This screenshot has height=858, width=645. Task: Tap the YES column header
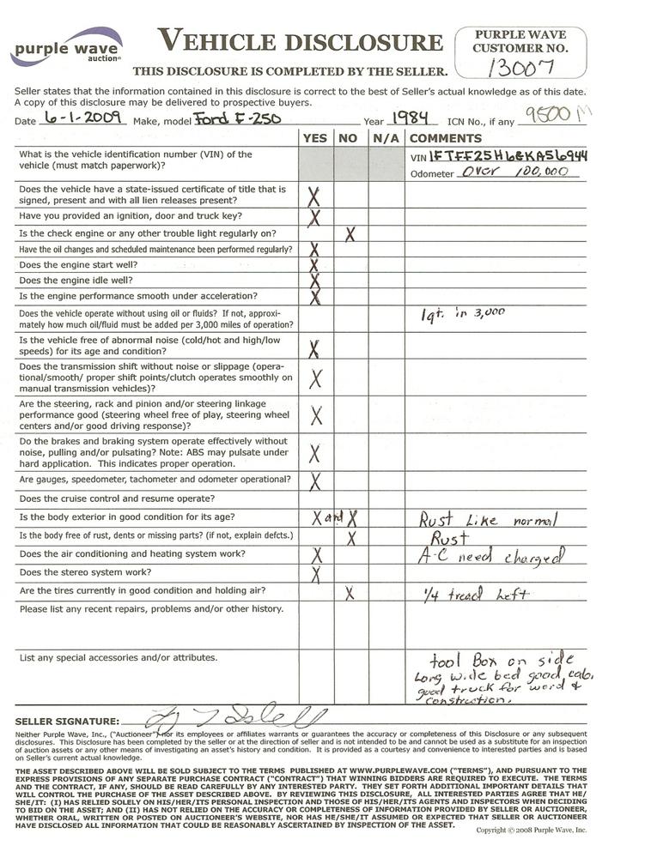[x=315, y=138]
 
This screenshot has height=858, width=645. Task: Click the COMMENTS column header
[x=446, y=138]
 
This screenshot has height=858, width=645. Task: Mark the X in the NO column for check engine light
[x=350, y=233]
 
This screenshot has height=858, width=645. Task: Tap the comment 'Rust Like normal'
[x=487, y=519]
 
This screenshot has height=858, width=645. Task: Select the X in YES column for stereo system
[x=315, y=573]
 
